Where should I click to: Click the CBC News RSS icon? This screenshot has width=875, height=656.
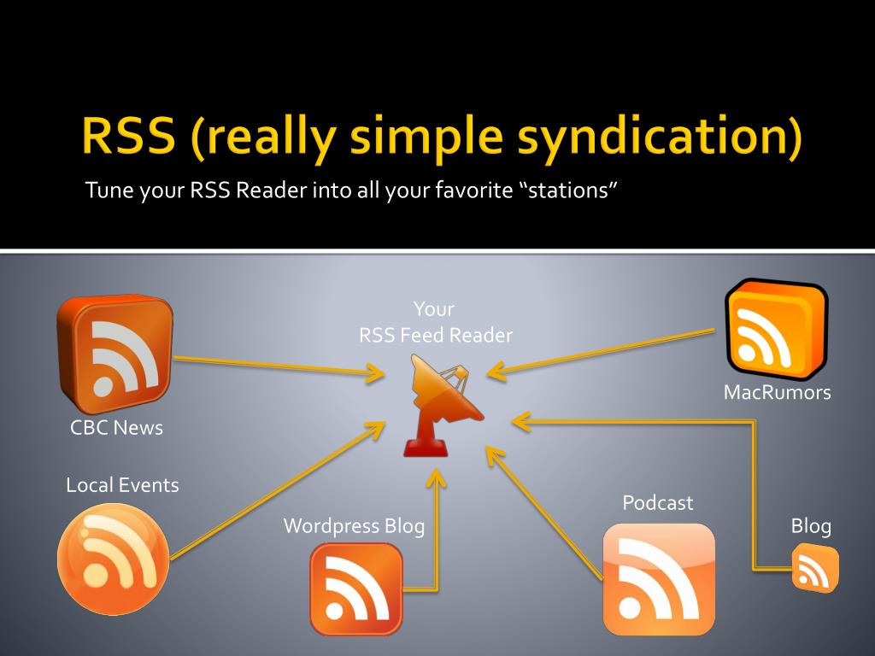coord(115,354)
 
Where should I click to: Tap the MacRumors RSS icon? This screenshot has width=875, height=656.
coord(776,329)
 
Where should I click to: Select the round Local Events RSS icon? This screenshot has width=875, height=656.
coord(114,559)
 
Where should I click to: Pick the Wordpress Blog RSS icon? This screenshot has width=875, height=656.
coord(356,589)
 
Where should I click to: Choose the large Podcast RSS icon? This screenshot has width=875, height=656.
coord(659,579)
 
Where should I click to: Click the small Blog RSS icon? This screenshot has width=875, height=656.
coord(815,568)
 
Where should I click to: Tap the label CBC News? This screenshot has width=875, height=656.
coord(116,428)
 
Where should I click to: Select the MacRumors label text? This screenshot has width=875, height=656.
coord(777,392)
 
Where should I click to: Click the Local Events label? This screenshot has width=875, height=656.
coord(122,485)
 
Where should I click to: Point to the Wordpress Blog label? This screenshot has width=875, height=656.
coord(355,526)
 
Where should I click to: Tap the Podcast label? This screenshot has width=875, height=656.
coord(657,502)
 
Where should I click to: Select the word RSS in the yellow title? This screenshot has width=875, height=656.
coord(129,135)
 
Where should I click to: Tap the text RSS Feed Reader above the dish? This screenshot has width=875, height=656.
coord(435,335)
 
